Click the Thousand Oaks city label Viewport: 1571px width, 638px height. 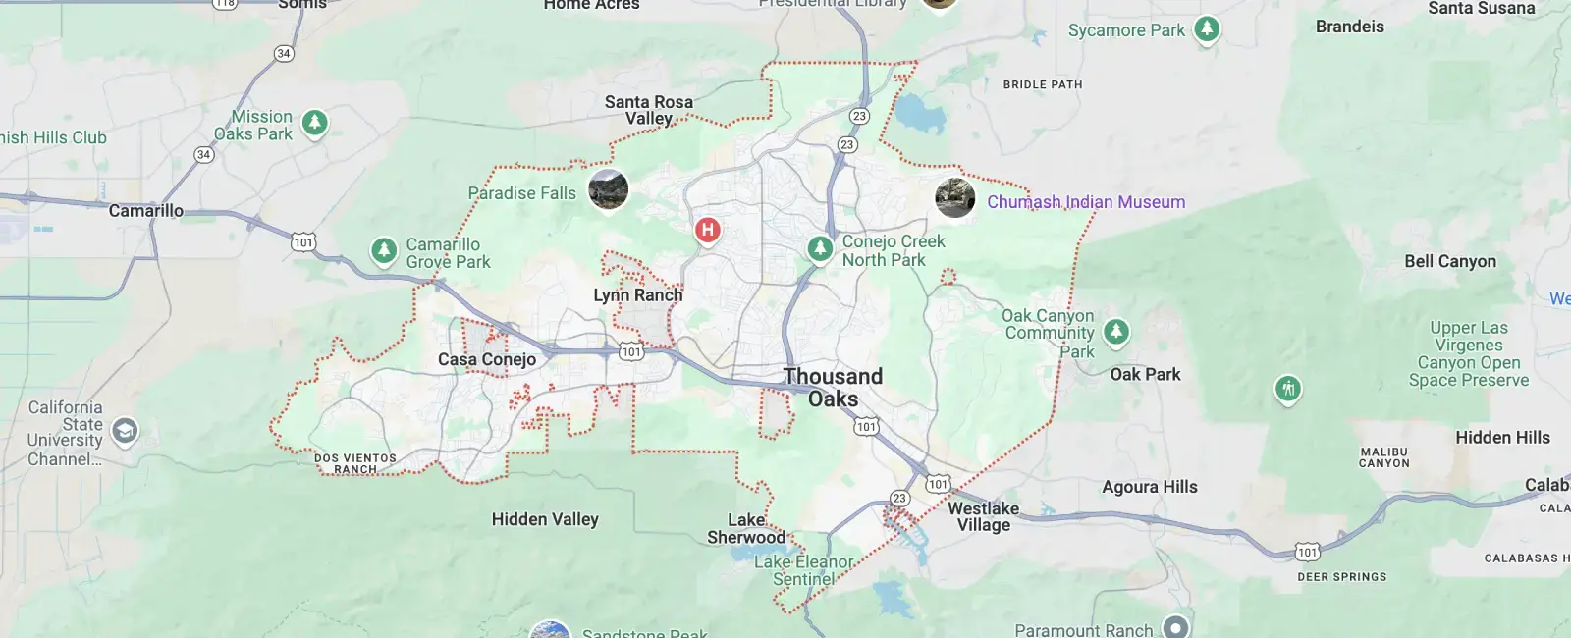[x=833, y=388]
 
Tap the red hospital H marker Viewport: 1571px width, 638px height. [x=707, y=231]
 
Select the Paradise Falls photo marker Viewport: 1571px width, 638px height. [x=608, y=188]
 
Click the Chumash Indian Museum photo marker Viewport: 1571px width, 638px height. [x=954, y=197]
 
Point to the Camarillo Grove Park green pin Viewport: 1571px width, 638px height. [x=383, y=250]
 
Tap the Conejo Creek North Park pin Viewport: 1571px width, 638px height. [x=820, y=248]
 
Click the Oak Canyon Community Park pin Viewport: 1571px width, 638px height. [x=1115, y=332]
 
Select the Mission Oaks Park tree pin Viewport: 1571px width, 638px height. [x=314, y=123]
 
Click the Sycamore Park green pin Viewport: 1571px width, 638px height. [x=1207, y=29]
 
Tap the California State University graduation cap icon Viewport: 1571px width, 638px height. [x=125, y=430]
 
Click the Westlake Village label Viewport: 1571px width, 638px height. [x=983, y=516]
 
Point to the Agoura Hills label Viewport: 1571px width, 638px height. [x=1149, y=487]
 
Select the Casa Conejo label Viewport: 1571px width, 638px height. [x=487, y=359]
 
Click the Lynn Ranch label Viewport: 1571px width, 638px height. [x=637, y=295]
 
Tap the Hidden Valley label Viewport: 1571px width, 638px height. [x=545, y=519]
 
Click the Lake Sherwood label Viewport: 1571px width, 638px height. [x=746, y=528]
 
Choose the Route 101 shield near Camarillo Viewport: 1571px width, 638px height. [x=303, y=241]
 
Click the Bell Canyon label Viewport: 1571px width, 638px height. [x=1449, y=261]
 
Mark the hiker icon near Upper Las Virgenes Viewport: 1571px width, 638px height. [x=1288, y=389]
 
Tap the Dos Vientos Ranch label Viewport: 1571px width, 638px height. [x=354, y=463]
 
